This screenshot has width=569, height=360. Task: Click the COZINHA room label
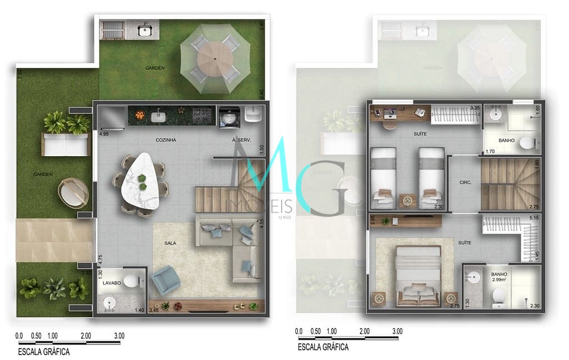[x=166, y=141]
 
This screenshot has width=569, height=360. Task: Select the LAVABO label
[x=112, y=283]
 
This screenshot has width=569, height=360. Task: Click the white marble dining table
[x=142, y=182]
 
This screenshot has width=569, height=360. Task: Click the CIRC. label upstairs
[x=465, y=182]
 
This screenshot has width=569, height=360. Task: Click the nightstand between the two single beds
[x=407, y=199]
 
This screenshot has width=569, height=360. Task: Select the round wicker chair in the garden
[x=73, y=192]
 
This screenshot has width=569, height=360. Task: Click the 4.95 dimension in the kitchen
[x=103, y=134]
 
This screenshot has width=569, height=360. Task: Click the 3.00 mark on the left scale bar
[x=119, y=336]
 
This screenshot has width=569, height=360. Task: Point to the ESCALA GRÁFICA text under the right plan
[x=323, y=347]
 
